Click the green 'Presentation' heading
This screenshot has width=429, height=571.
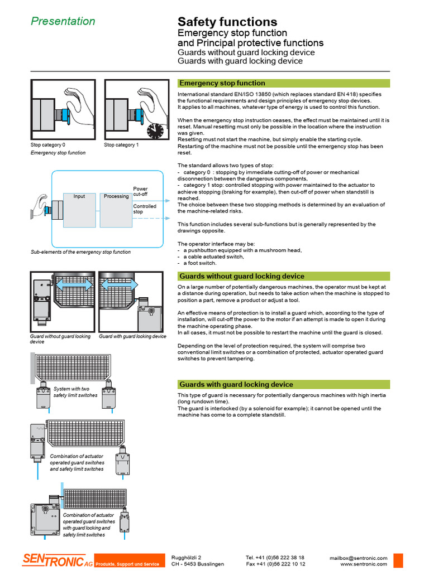click(x=63, y=22)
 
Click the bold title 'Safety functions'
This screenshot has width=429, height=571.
click(x=227, y=22)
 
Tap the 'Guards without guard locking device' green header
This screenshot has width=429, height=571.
click(x=241, y=276)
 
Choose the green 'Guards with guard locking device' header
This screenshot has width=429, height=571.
click(x=236, y=384)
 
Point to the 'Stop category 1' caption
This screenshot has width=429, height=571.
click(x=121, y=145)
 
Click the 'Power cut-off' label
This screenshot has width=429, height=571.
click(x=140, y=191)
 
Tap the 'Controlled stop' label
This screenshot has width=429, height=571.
click(x=144, y=209)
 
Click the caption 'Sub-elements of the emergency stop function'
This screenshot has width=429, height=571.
click(x=80, y=252)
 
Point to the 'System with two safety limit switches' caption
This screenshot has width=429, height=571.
click(x=75, y=392)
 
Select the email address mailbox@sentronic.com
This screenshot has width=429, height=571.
click(x=358, y=558)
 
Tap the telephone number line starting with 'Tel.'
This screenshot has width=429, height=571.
click(x=275, y=558)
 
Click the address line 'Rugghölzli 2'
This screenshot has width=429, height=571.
click(x=185, y=558)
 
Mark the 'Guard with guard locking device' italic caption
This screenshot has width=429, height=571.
click(x=132, y=337)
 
